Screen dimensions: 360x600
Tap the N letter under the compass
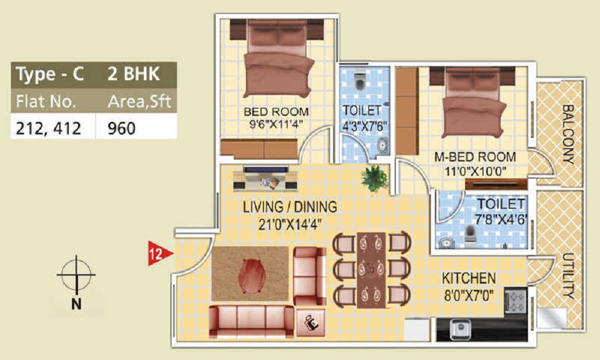[76, 304]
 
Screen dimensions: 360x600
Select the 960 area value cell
[122, 128]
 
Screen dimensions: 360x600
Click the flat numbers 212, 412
[49, 128]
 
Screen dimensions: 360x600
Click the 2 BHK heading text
[133, 75]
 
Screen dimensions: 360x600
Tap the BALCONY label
[568, 134]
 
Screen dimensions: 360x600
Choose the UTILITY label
[568, 276]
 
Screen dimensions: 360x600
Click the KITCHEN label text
[469, 278]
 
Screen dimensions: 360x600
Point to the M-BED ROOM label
[475, 157]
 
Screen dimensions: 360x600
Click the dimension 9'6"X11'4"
[275, 125]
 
